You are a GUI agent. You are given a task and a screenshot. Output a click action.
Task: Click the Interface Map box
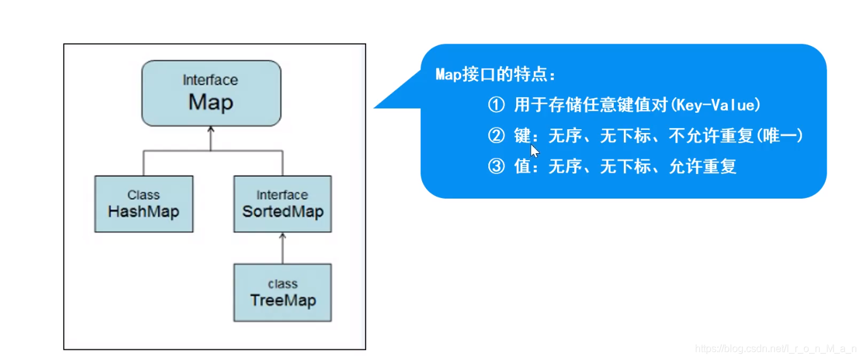[x=210, y=93]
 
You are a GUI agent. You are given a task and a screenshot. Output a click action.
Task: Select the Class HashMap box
[x=144, y=204]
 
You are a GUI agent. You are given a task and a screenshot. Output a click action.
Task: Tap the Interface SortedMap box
[x=282, y=204]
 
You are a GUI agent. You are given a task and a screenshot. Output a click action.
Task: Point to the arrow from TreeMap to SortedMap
[x=282, y=248]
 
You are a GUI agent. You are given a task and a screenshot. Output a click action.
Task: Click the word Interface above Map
[x=210, y=80]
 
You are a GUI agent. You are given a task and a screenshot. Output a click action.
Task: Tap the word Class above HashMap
[x=144, y=195]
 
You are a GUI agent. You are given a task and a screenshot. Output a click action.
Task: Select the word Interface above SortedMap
[x=282, y=195]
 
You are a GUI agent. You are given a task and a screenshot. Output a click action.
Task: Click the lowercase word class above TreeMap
[x=282, y=284]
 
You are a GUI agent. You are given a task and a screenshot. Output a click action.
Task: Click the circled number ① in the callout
[x=497, y=105]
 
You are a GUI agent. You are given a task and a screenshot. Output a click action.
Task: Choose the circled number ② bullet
[x=497, y=136]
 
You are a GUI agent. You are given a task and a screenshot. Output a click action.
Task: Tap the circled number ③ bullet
[x=497, y=166]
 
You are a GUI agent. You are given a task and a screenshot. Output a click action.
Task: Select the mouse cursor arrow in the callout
[x=534, y=150]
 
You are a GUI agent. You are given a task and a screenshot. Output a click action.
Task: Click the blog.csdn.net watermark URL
[x=775, y=348]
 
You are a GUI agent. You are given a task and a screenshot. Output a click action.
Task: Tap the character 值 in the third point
[x=522, y=166]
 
